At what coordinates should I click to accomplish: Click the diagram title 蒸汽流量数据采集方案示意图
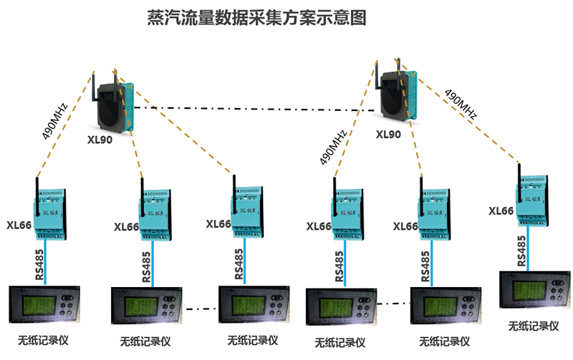(x=256, y=18)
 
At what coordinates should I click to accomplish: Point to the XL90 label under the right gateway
(x=388, y=134)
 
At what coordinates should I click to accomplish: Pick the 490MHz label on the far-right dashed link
(x=461, y=104)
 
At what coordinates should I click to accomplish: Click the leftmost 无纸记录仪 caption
(x=43, y=339)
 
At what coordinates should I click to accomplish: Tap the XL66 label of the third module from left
(x=218, y=224)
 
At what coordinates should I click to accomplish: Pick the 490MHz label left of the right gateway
(x=333, y=147)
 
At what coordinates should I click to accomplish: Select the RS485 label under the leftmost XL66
(x=40, y=263)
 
